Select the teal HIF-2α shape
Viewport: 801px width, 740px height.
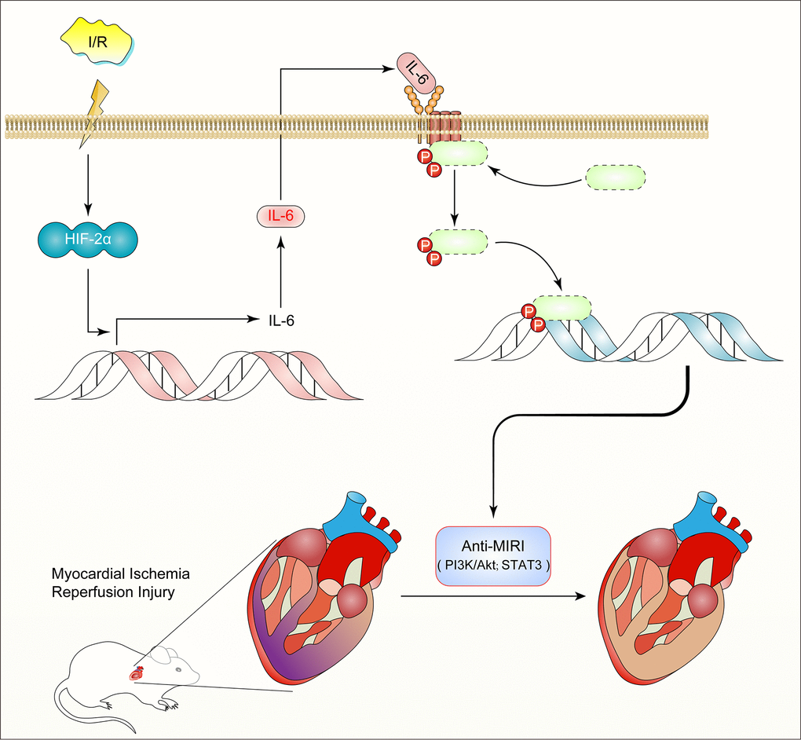(87, 235)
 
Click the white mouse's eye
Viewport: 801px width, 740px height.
(177, 670)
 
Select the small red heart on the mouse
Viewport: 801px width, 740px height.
(138, 672)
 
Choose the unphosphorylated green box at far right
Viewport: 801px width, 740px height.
(616, 178)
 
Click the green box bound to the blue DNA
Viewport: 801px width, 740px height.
(562, 307)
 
